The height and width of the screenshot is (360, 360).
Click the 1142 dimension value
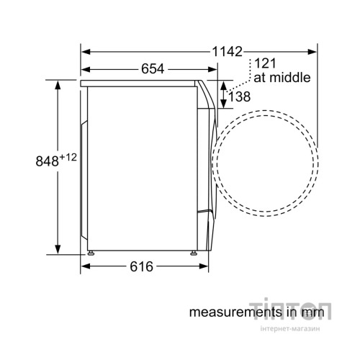227,51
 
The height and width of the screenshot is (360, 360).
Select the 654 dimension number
152,69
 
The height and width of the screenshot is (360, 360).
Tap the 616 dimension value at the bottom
141,266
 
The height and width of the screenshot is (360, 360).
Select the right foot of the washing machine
194,252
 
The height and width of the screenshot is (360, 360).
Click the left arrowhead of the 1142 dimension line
84,51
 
